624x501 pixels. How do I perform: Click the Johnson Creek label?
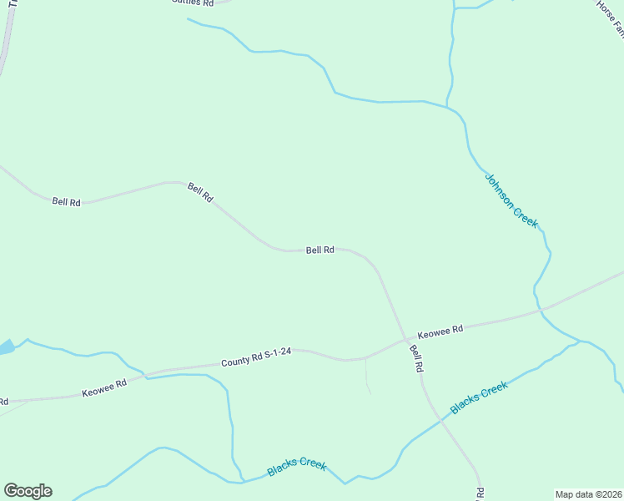point(511,200)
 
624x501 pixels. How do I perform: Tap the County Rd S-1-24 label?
point(255,357)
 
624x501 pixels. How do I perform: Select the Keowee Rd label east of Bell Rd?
point(440,331)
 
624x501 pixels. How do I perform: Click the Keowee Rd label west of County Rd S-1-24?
point(103,388)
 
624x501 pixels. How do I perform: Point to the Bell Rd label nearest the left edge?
point(66,201)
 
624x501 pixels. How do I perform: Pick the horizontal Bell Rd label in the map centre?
point(320,250)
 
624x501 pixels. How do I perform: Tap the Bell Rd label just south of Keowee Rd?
point(416,360)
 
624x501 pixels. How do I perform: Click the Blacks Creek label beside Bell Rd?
point(479,397)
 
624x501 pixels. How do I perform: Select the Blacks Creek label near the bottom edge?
point(296,468)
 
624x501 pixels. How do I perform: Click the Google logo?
point(28,491)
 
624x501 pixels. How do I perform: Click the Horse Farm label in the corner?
point(610,18)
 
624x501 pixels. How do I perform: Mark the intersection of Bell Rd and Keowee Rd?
point(405,341)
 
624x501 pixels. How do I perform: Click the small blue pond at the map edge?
point(5,347)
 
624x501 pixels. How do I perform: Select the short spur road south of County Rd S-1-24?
point(367,376)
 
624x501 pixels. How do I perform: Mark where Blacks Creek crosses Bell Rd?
point(441,422)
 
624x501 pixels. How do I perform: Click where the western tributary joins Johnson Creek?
point(449,106)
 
